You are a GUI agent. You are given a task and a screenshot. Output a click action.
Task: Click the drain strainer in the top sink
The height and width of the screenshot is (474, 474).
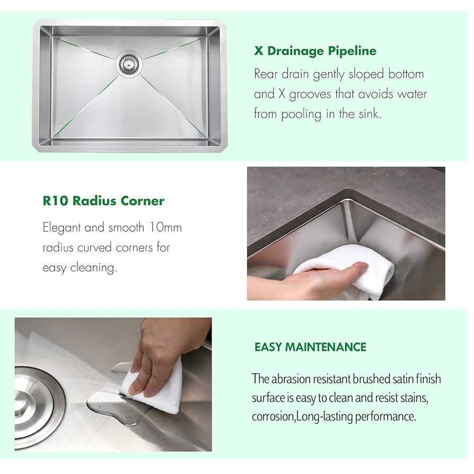click(127, 64)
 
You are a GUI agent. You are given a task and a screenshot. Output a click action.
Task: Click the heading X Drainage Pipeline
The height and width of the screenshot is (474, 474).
click(315, 51)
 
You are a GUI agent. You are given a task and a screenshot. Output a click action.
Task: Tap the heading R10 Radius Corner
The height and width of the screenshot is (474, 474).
click(103, 201)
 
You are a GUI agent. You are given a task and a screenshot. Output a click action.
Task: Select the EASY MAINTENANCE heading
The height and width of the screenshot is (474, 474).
click(310, 347)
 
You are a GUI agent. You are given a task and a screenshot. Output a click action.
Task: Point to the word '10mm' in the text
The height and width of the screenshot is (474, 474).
click(164, 228)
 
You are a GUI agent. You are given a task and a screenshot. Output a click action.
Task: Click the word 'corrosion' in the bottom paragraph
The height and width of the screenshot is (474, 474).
click(273, 416)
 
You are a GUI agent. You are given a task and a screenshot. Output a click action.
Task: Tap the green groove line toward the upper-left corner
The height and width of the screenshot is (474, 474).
click(85, 48)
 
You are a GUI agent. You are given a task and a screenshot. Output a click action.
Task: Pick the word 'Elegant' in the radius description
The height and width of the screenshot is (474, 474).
click(62, 228)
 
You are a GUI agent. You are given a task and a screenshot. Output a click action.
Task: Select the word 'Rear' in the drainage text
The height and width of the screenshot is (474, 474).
click(266, 74)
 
